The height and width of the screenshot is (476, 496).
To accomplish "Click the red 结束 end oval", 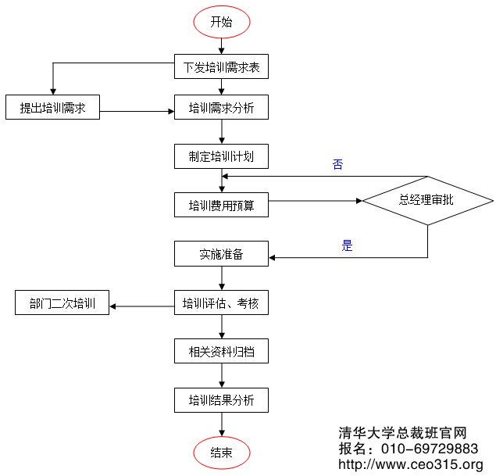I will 222,453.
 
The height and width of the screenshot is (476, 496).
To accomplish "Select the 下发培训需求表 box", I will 222,67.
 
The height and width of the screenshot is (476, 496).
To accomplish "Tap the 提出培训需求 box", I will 52,108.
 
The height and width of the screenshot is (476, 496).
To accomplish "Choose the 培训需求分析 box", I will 222,108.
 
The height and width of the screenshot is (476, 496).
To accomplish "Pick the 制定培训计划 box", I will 222,156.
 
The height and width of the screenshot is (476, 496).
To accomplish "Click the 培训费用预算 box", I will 222,206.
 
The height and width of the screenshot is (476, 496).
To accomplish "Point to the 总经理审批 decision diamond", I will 427,200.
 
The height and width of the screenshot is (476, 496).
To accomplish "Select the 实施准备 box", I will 222,254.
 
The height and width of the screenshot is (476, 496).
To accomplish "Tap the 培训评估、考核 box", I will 222,303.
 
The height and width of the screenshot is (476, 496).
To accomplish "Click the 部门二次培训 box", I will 62,303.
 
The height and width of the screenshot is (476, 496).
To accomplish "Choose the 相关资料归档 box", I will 222,352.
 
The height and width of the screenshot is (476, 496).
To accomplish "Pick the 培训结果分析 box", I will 222,401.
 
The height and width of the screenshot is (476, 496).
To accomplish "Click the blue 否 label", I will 337,165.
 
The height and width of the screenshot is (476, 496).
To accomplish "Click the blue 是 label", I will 348,246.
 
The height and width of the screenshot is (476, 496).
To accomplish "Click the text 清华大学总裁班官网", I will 402,433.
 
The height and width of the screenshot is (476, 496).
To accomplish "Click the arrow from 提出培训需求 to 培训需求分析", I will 137,109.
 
